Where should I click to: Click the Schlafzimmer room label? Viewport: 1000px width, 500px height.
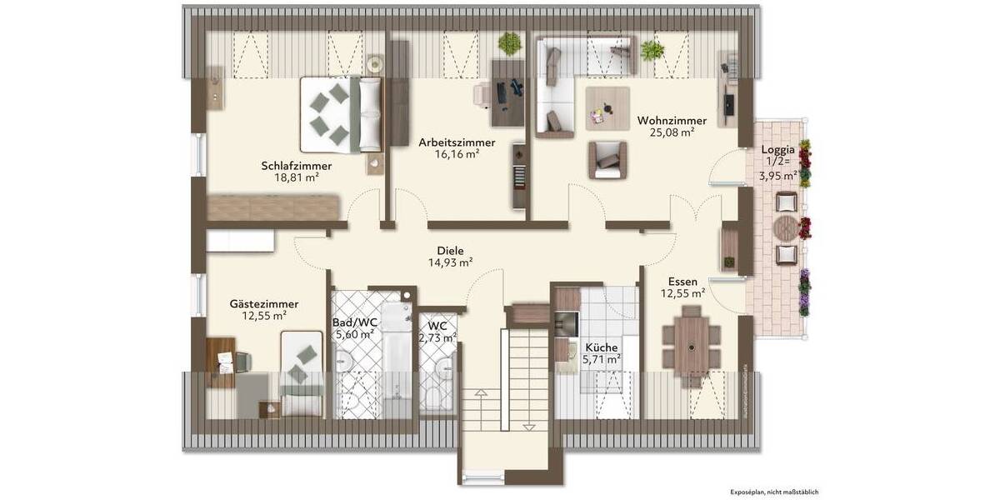click(290, 166)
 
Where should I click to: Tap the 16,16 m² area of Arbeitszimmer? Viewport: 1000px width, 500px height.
click(456, 154)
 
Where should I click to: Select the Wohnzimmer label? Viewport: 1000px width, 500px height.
click(672, 120)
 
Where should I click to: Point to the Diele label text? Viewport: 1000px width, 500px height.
click(450, 250)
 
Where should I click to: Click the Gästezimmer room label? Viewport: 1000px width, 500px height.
click(264, 304)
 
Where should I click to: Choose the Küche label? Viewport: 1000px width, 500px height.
click(601, 347)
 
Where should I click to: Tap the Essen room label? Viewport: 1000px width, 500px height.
click(682, 282)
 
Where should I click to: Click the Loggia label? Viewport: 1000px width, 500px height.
click(778, 149)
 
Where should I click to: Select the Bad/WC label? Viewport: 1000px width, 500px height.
click(354, 322)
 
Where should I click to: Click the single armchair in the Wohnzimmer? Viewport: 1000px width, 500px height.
click(607, 157)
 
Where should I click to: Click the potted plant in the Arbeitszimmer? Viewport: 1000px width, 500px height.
click(507, 43)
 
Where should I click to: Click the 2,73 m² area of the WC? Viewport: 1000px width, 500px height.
click(437, 337)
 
